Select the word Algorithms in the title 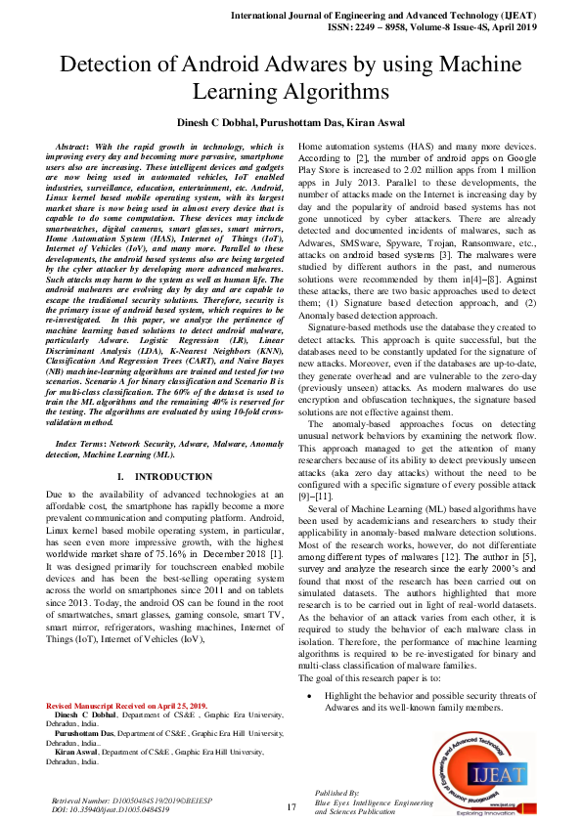[325, 93]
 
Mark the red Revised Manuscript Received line [126, 705]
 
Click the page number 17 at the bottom [291, 806]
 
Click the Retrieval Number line [123, 800]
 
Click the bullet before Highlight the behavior [310, 695]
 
